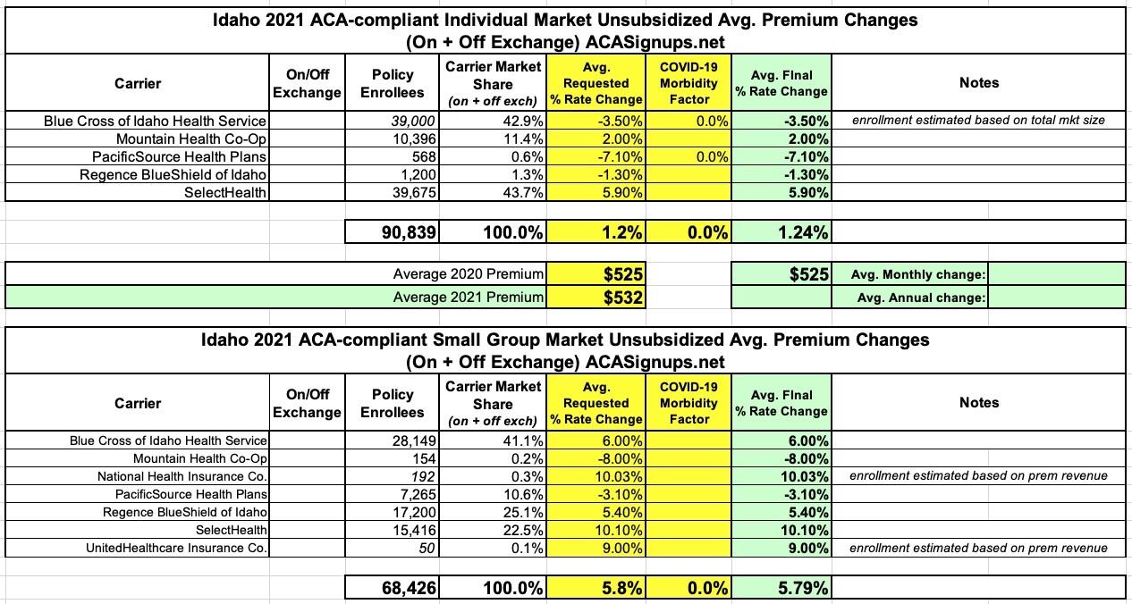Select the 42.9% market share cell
click(x=520, y=121)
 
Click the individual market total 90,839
click(x=405, y=232)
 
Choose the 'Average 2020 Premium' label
click(x=469, y=274)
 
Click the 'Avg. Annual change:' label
click(x=921, y=298)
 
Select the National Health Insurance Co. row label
click(x=182, y=476)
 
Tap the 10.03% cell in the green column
click(x=804, y=476)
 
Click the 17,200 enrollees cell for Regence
click(x=411, y=512)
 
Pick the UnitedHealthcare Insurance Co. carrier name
click(x=176, y=548)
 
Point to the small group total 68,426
click(x=405, y=588)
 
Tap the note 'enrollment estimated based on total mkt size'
click(x=978, y=121)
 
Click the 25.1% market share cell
click(x=520, y=512)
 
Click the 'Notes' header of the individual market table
click(x=978, y=82)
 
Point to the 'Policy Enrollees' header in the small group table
click(x=393, y=403)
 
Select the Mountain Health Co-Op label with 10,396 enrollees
click(x=191, y=138)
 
